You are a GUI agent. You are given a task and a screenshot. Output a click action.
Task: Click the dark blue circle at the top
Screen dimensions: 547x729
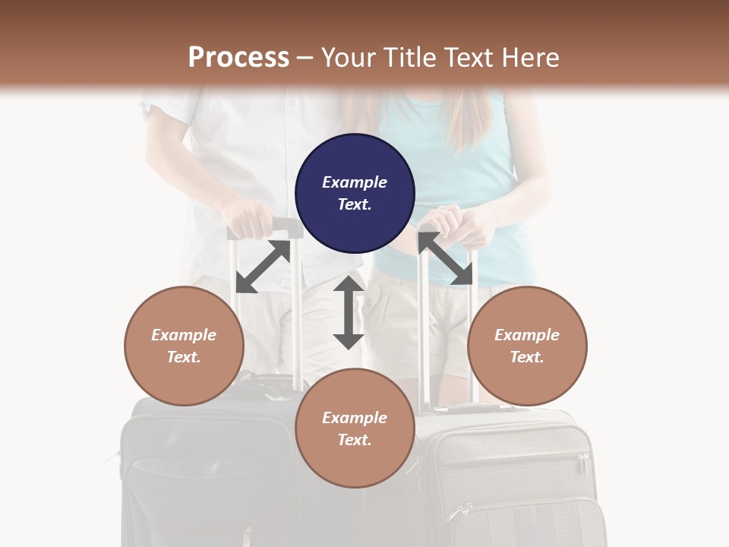tap(355, 193)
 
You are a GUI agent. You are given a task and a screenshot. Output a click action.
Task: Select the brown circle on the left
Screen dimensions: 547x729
tap(184, 346)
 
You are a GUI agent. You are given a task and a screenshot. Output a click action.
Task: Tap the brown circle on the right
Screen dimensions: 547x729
tap(527, 346)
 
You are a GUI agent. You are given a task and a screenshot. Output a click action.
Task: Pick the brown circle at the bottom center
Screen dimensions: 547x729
tap(355, 428)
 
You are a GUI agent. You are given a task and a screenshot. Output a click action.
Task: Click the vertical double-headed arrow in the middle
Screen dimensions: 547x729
tap(349, 312)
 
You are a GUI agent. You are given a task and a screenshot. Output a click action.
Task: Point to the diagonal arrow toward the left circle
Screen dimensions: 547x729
tap(263, 267)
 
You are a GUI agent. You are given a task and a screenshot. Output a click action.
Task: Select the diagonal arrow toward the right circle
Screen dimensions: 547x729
tap(447, 259)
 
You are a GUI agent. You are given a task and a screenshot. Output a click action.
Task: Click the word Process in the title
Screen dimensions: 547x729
tap(238, 57)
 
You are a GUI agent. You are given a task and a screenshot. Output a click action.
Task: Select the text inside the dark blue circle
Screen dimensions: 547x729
tap(355, 193)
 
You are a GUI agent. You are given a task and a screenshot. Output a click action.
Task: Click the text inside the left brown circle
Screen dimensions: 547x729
tap(184, 346)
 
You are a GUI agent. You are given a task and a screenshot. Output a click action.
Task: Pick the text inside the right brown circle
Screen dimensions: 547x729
tap(527, 346)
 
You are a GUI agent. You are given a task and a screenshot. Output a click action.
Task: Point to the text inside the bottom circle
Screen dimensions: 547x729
tap(355, 428)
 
